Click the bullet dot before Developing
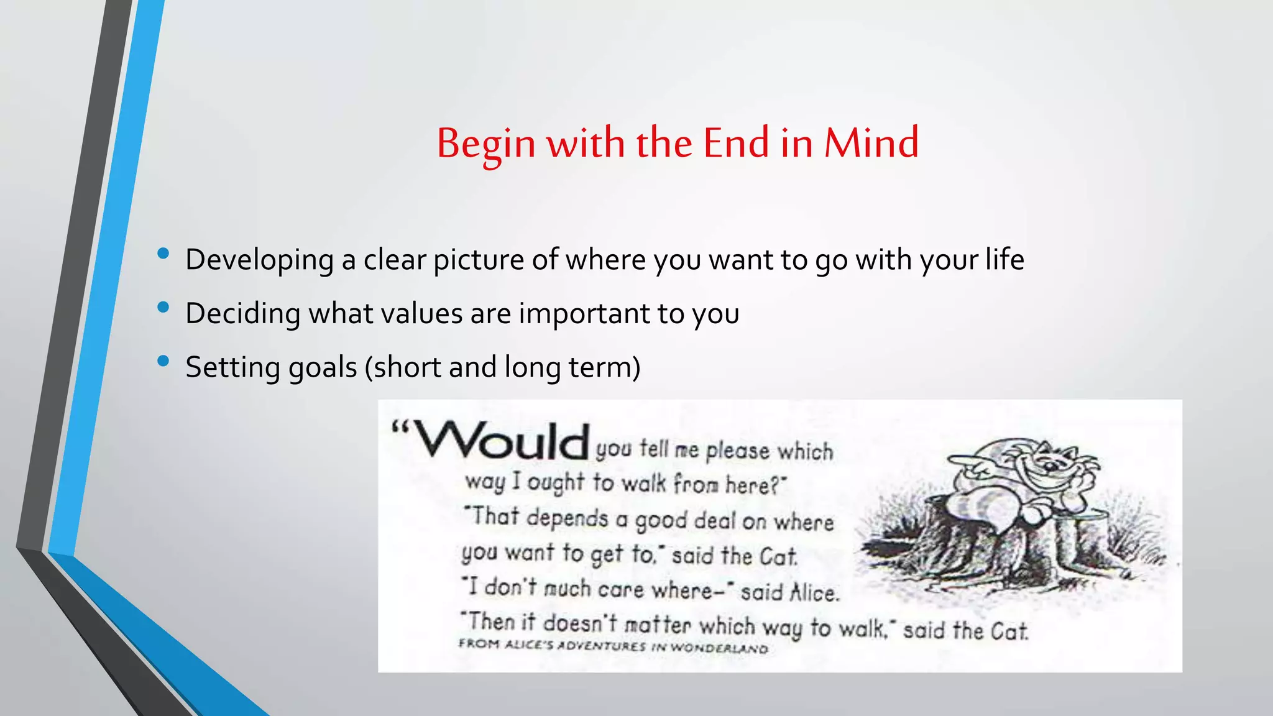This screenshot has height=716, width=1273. [163, 253]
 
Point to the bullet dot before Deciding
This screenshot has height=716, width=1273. [163, 307]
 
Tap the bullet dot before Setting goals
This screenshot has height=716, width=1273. [163, 360]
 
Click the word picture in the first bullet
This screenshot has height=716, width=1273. [478, 260]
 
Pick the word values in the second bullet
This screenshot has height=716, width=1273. [421, 313]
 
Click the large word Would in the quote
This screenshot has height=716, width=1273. [501, 441]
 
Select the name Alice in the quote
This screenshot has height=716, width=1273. [814, 592]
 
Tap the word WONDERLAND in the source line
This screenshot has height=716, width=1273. [719, 648]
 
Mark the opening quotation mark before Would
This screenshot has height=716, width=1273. [400, 428]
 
